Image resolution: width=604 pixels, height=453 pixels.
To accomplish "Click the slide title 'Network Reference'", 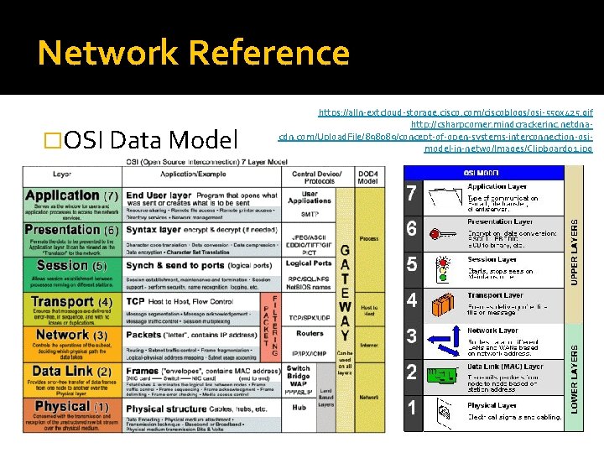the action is click(193, 53).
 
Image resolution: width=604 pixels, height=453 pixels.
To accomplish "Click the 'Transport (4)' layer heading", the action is click(71, 301).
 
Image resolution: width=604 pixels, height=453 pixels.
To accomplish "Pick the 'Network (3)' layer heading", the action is click(71, 335).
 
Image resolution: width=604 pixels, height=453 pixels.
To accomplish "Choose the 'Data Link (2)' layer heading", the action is click(70, 371).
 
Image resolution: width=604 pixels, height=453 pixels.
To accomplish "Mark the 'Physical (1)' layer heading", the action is click(71, 406).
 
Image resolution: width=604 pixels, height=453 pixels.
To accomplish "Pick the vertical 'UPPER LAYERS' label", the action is click(575, 244).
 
